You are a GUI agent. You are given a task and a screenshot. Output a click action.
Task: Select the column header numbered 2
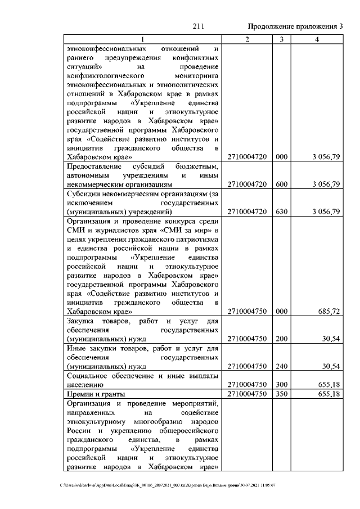tap(247, 38)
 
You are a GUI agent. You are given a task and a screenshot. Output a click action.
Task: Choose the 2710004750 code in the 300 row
tap(247, 385)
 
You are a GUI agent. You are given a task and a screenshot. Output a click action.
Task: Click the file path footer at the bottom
tap(168, 485)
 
